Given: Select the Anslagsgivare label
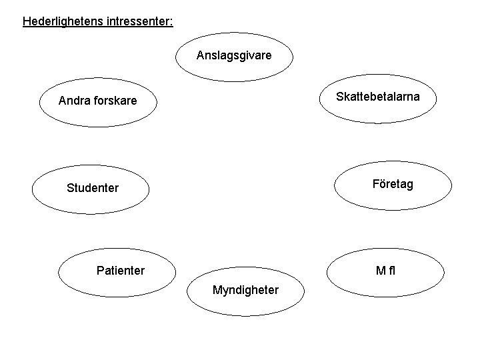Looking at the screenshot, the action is click(x=234, y=55).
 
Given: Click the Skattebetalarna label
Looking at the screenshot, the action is click(x=378, y=97).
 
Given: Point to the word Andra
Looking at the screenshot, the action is click(x=73, y=101).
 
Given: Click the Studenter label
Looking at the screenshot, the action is click(x=93, y=188).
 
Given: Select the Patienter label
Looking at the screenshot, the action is click(x=120, y=271).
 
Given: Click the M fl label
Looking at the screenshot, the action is click(x=386, y=271).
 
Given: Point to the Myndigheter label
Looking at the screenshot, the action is click(x=245, y=290).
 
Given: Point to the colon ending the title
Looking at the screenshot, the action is click(x=171, y=22).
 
